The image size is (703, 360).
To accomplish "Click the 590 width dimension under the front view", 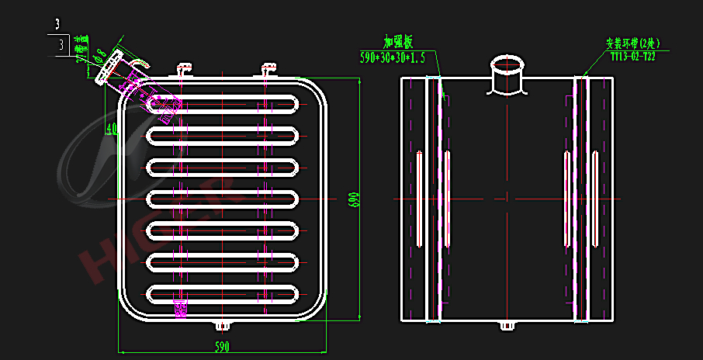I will click(x=221, y=346).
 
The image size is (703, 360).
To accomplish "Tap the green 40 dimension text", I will click(x=112, y=128).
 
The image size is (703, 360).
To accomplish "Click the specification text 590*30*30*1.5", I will click(x=392, y=57).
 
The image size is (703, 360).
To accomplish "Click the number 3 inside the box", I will click(x=61, y=46).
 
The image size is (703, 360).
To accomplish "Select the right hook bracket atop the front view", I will click(x=269, y=70).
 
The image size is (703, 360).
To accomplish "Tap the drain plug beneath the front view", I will click(x=221, y=324).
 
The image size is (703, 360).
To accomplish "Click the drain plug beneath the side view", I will click(x=507, y=325).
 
